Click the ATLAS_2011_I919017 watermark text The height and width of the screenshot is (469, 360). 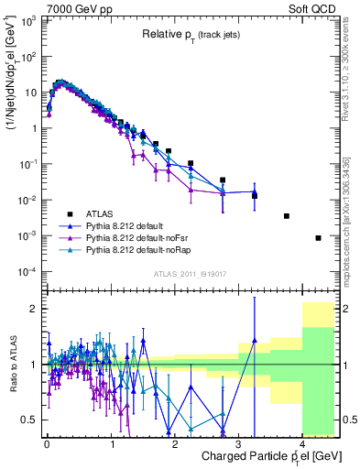coord(191,275)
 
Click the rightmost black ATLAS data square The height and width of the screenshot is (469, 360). coord(318,238)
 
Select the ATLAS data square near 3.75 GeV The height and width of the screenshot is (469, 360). coord(287,216)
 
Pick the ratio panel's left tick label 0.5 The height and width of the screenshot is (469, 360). coord(31,420)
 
